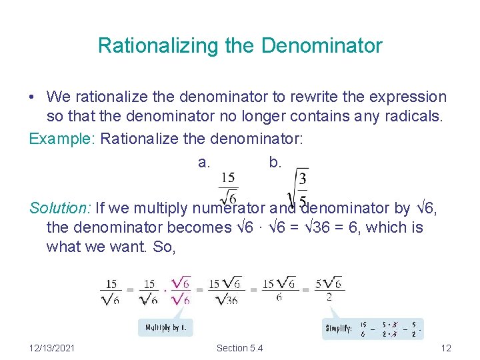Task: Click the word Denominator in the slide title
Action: pyautogui.click(x=322, y=45)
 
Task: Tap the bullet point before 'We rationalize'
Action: pyautogui.click(x=33, y=97)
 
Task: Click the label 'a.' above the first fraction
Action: pyautogui.click(x=205, y=161)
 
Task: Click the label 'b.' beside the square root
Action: pyautogui.click(x=275, y=161)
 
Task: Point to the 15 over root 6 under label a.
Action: pyautogui.click(x=228, y=189)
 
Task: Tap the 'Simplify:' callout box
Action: pyautogui.click(x=373, y=327)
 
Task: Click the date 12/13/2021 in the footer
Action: pyautogui.click(x=53, y=348)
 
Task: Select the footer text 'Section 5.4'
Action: pyautogui.click(x=239, y=348)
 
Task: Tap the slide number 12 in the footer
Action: pyautogui.click(x=446, y=348)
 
